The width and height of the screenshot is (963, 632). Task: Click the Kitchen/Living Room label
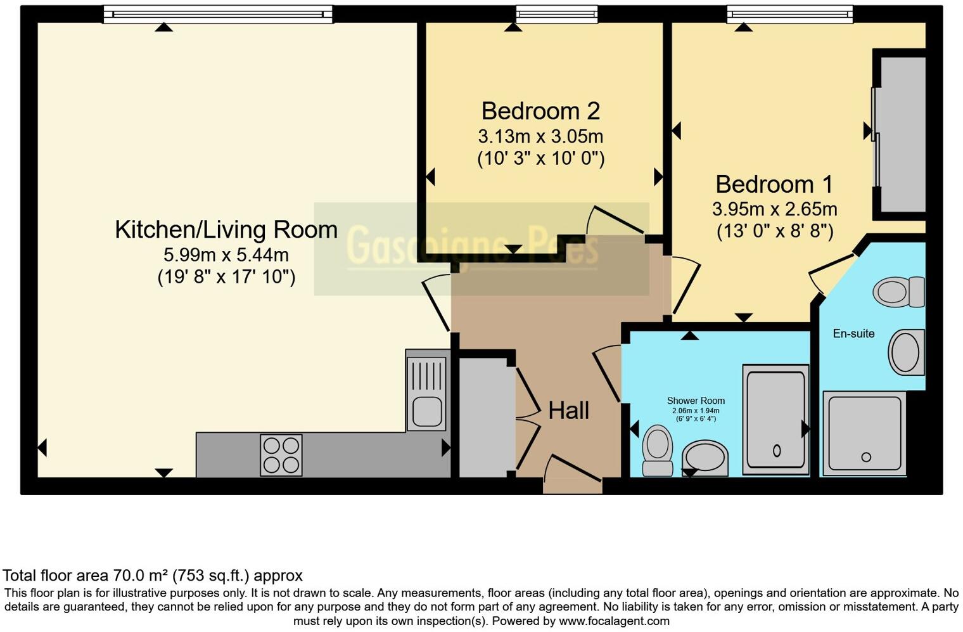pyautogui.click(x=226, y=229)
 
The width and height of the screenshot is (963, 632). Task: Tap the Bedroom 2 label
pyautogui.click(x=540, y=111)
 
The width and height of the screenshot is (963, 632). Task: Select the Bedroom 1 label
pyautogui.click(x=774, y=184)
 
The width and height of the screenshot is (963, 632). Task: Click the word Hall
pyautogui.click(x=568, y=411)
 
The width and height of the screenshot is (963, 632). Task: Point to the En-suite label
pyautogui.click(x=853, y=333)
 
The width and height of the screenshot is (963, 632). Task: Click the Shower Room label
pyautogui.click(x=696, y=401)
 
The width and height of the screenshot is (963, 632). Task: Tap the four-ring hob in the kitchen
pyautogui.click(x=281, y=455)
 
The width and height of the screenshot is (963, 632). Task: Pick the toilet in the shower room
pyautogui.click(x=657, y=449)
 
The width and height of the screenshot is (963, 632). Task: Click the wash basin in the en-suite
pyautogui.click(x=907, y=352)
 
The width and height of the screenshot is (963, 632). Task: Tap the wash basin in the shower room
pyautogui.click(x=706, y=457)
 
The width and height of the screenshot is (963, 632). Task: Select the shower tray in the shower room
pyautogui.click(x=775, y=420)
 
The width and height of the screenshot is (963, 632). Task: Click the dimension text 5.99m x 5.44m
pyautogui.click(x=226, y=255)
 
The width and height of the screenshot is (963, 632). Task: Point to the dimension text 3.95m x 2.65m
pyautogui.click(x=774, y=209)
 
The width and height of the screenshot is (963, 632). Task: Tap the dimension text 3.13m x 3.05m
pyautogui.click(x=540, y=136)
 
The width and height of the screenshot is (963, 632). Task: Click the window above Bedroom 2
pyautogui.click(x=556, y=14)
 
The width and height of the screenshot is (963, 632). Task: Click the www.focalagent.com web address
pyautogui.click(x=614, y=621)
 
